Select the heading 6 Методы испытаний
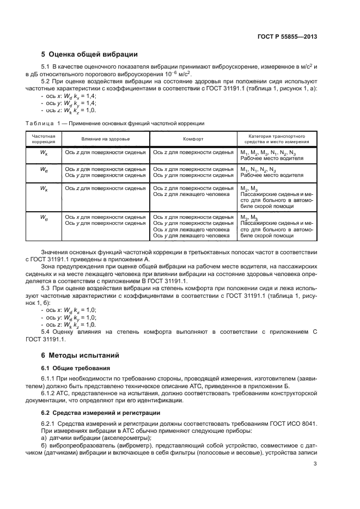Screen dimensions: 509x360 [x=77, y=355]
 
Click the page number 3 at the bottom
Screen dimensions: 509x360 [x=315, y=464]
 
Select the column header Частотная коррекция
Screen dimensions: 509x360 [x=44, y=139]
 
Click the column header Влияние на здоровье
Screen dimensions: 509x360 [x=106, y=139]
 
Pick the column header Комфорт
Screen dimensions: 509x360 [x=193, y=139]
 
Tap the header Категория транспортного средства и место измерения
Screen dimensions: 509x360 [x=276, y=139]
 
